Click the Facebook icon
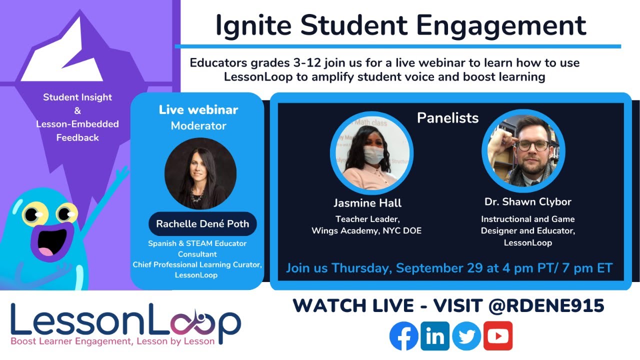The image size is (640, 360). pyautogui.click(x=403, y=335)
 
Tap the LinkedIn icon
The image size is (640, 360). pyautogui.click(x=435, y=335)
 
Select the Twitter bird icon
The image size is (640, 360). pyautogui.click(x=466, y=335)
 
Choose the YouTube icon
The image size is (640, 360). pyautogui.click(x=497, y=335)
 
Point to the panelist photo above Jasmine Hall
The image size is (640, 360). pyautogui.click(x=371, y=153)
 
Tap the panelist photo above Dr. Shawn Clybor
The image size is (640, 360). pyautogui.click(x=523, y=150)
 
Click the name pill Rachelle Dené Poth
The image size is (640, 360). pyautogui.click(x=202, y=223)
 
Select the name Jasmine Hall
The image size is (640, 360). pyautogui.click(x=367, y=203)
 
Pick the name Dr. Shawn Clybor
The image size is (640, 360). pyautogui.click(x=527, y=202)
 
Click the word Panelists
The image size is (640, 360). pyautogui.click(x=447, y=118)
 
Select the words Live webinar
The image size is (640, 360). pyautogui.click(x=198, y=110)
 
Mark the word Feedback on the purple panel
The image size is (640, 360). pyautogui.click(x=77, y=137)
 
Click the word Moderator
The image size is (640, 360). pyautogui.click(x=198, y=126)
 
